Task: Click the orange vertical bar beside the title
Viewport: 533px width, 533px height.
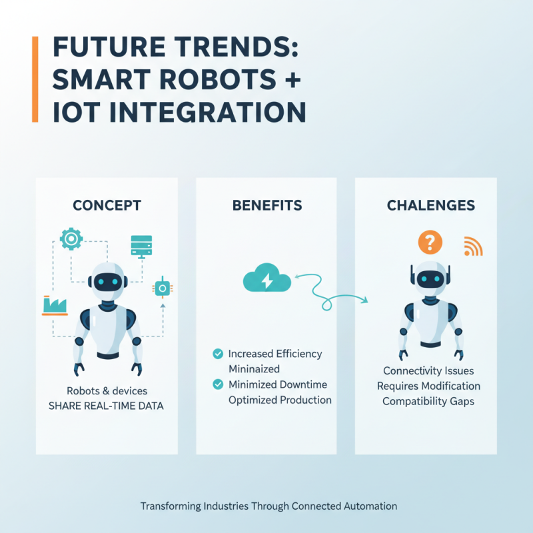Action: [x=35, y=79]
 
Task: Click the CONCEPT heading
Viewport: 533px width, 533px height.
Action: [x=107, y=205]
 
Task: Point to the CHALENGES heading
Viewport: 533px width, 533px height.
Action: [x=431, y=205]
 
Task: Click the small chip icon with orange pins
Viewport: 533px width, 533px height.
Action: [x=161, y=288]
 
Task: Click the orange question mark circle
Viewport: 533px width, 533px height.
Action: [x=430, y=241]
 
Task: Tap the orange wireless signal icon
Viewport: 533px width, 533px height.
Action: [x=473, y=247]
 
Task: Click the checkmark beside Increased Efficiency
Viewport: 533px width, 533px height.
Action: [x=217, y=354]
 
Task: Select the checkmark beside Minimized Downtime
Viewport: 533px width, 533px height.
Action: [x=217, y=384]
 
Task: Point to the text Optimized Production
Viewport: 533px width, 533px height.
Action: [x=280, y=400]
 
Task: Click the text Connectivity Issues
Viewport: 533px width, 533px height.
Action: [x=428, y=370]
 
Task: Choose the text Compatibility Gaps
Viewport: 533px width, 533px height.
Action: [x=428, y=402]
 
